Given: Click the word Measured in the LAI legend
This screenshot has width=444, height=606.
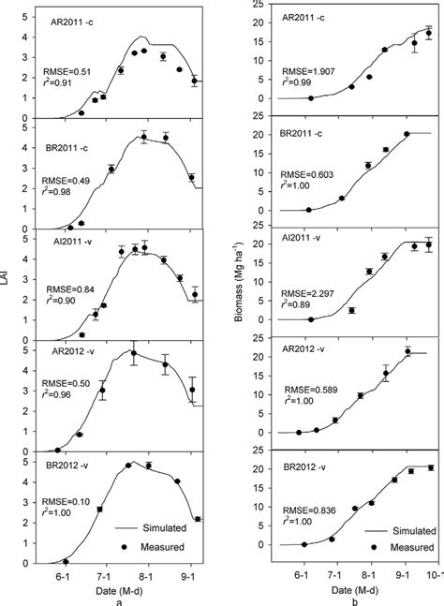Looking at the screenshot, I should pos(160,545).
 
